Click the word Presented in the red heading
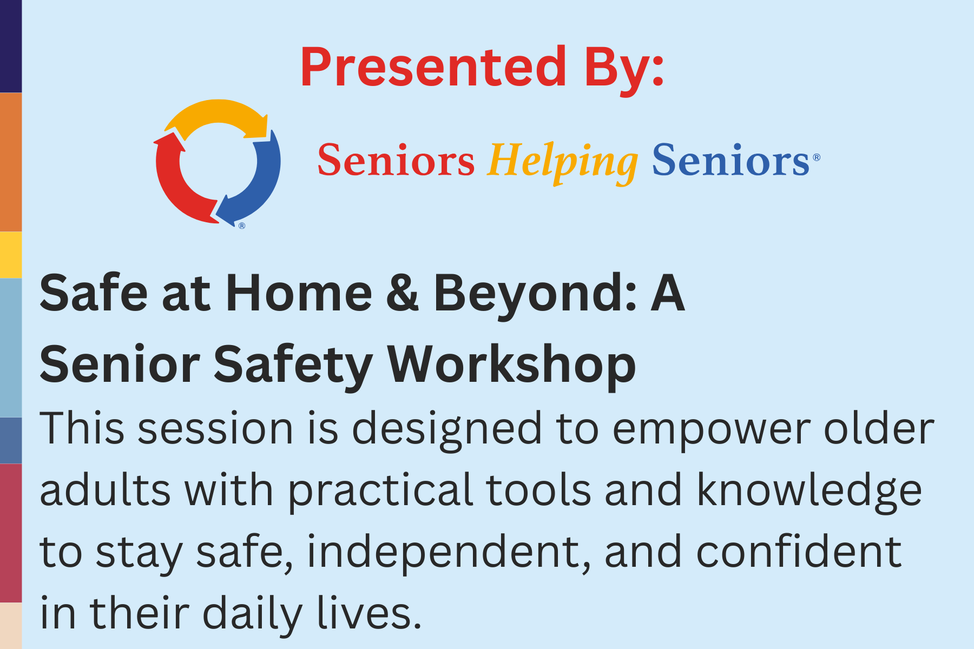click(433, 67)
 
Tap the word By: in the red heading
click(624, 70)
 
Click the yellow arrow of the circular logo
click(216, 115)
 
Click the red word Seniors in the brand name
click(396, 161)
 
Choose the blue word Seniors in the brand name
click(731, 161)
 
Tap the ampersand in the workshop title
click(403, 293)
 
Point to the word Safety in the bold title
click(293, 367)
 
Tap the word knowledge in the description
click(810, 491)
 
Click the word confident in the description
click(799, 552)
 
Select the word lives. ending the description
click(369, 612)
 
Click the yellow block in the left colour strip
click(11, 255)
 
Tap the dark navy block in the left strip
click(11, 46)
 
